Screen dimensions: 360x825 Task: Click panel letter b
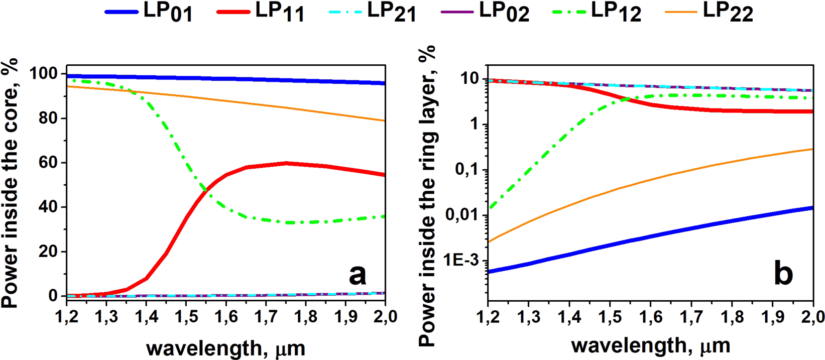[783, 274]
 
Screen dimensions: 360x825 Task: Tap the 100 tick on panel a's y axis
[45, 74]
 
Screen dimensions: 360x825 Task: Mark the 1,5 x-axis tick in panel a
[186, 317]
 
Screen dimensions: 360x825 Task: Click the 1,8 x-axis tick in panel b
[732, 317]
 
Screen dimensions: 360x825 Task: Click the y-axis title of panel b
[427, 196]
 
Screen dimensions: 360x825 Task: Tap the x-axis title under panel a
[226, 347]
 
